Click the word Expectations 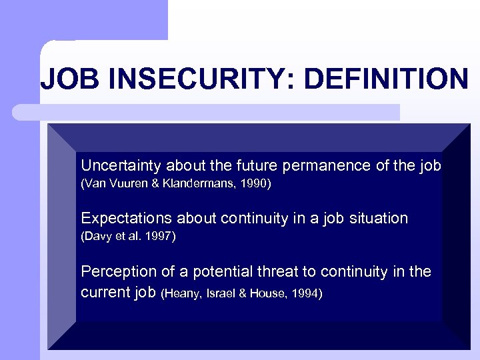[123, 218]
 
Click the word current [103, 292]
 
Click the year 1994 [305, 293]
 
